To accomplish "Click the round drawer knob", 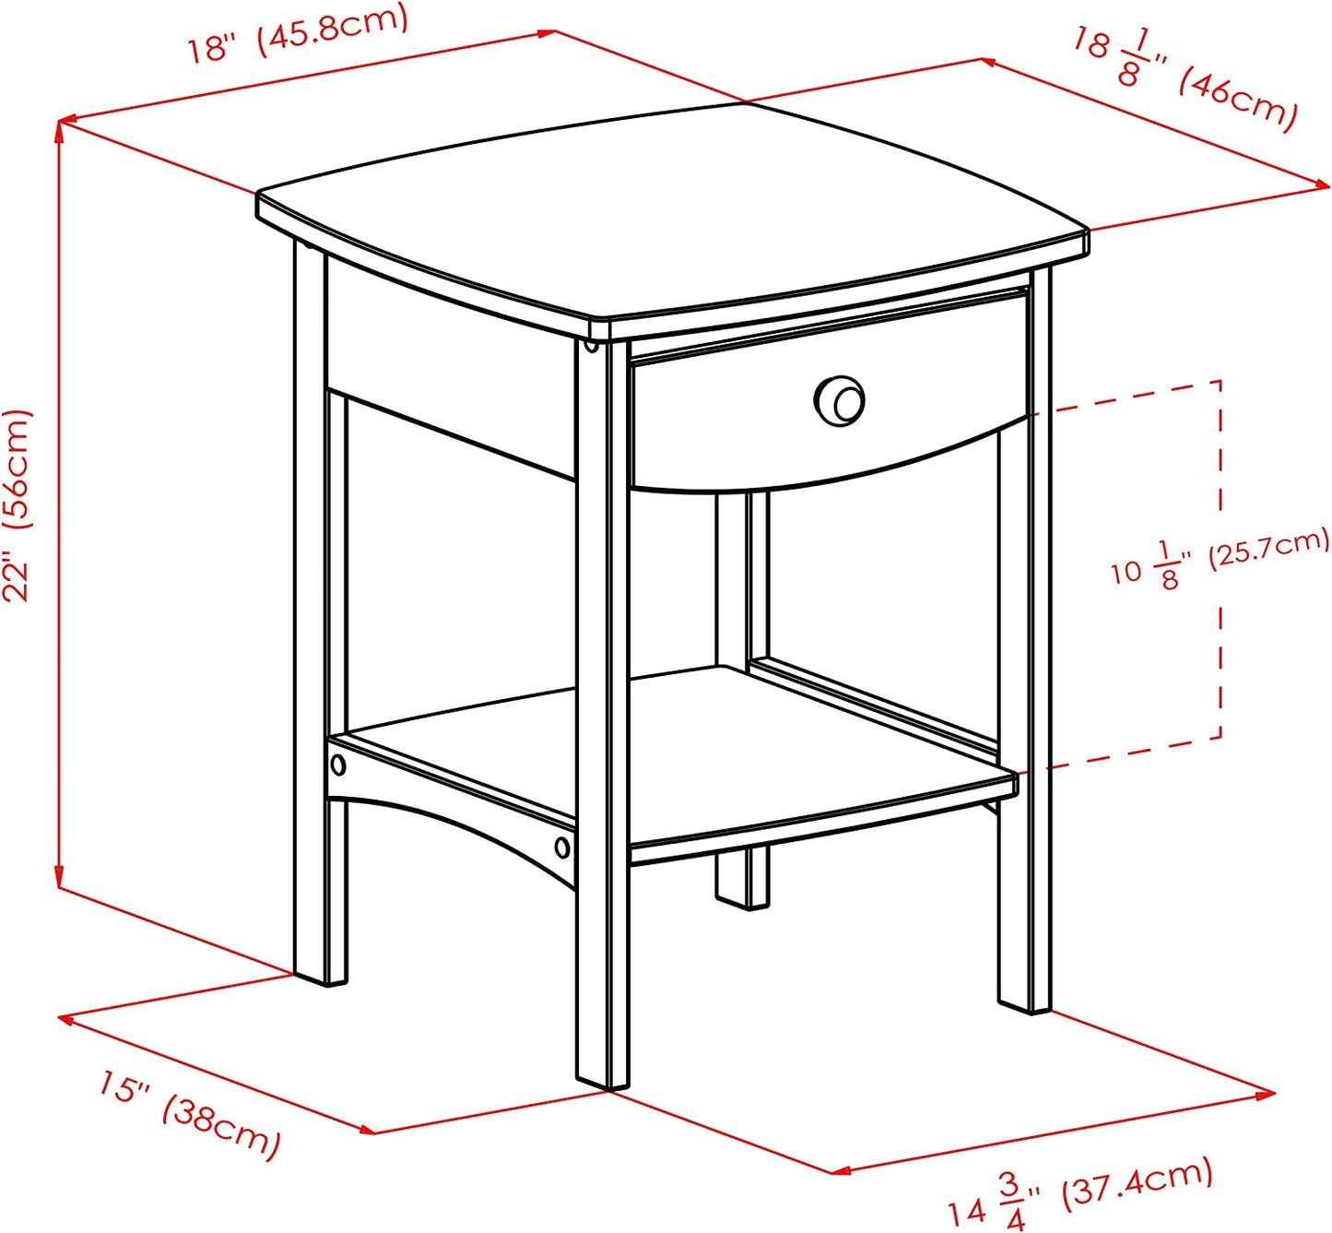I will click(839, 400).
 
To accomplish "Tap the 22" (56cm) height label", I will click(18, 505).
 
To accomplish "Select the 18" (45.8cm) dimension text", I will click(297, 35).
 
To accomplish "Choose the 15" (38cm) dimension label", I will click(190, 1113).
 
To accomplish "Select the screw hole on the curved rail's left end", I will click(338, 764).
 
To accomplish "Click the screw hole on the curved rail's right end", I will click(561, 847).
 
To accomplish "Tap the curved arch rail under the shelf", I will click(442, 812).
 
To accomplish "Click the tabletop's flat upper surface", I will click(673, 212).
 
